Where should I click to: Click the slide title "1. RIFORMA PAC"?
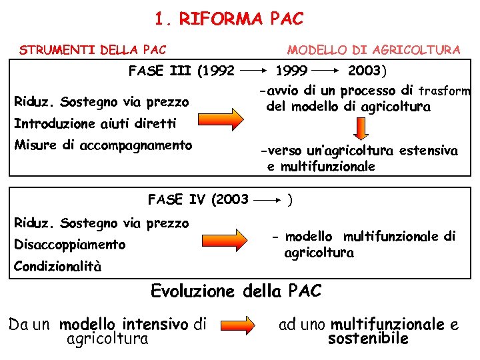coord(228,19)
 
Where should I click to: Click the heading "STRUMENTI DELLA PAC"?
coord(93,49)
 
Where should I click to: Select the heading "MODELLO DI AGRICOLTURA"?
coord(373,49)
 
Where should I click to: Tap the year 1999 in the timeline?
coord(291,71)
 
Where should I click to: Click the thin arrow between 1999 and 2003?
coord(327,70)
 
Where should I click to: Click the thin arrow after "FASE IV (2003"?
coord(269,199)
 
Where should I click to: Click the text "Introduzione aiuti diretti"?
coord(95,123)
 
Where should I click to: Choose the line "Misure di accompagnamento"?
coord(103,145)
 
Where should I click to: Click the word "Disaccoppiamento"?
coord(70,245)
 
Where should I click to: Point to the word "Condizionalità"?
coord(59,267)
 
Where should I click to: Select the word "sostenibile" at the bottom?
coord(368,339)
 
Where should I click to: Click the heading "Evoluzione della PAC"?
coord(237,291)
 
